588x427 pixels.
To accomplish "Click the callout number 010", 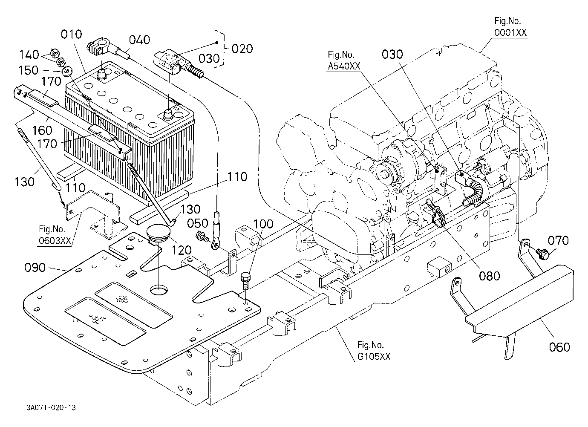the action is [x=72, y=34].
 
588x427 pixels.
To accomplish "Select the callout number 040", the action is [x=139, y=40].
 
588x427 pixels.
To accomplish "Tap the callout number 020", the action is [x=242, y=49].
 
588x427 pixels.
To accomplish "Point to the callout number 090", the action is [x=35, y=268].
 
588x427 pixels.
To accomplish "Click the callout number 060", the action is [x=559, y=347].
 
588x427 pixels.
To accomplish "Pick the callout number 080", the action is [x=489, y=276].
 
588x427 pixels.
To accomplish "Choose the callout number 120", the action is [x=182, y=250].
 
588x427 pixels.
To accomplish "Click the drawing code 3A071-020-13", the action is [x=51, y=407].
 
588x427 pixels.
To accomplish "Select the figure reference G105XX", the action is [x=374, y=357].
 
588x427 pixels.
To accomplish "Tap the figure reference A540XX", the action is [x=344, y=66].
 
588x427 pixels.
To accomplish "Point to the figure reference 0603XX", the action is [x=55, y=240].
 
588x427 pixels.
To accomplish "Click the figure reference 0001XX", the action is [x=510, y=32].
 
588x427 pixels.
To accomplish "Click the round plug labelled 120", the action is [x=158, y=234].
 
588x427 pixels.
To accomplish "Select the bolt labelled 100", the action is [x=245, y=281].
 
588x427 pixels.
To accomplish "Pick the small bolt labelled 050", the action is [x=202, y=236].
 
